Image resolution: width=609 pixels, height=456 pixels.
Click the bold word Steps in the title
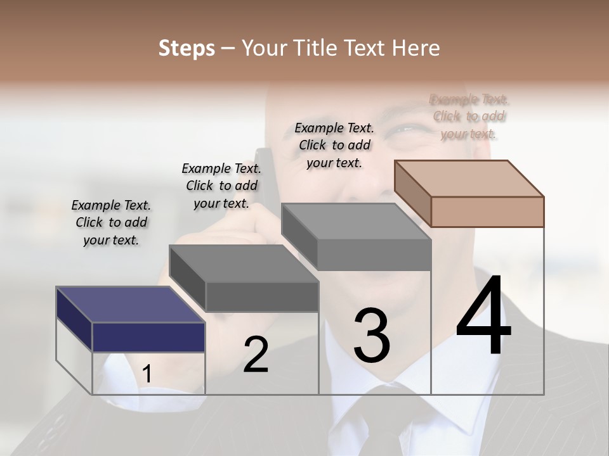(187, 48)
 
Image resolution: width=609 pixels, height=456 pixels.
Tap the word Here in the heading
(416, 48)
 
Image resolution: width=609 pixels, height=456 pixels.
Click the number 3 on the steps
(372, 335)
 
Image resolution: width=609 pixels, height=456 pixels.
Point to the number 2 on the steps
(256, 355)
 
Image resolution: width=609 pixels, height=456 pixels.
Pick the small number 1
(147, 374)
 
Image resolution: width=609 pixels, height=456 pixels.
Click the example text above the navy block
(111, 222)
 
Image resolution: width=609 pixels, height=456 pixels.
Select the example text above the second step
(221, 186)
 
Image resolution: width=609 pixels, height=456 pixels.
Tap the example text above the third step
(334, 145)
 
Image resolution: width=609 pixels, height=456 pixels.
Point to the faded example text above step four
(469, 116)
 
